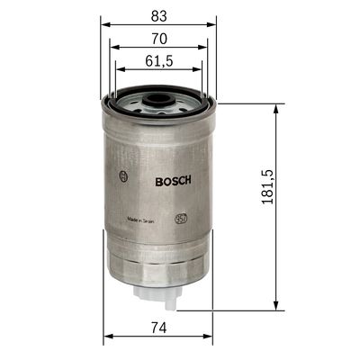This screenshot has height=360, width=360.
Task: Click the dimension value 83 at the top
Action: pyautogui.click(x=157, y=13)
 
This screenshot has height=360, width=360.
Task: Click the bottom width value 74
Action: pyautogui.click(x=157, y=328)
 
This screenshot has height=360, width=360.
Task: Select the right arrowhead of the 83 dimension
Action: pyautogui.click(x=214, y=23)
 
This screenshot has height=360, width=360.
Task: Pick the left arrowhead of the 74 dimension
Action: pyautogui.click(x=107, y=337)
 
